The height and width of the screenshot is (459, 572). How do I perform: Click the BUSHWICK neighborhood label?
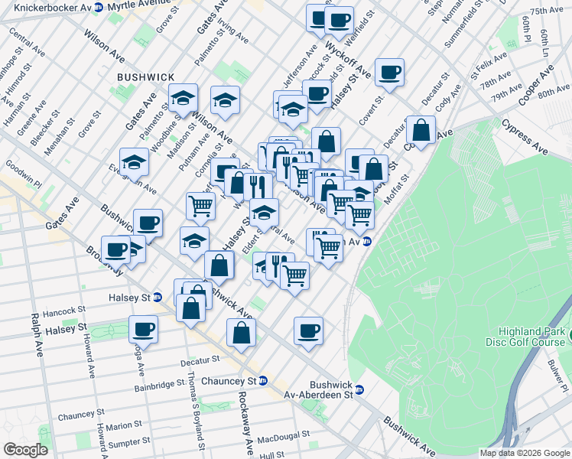tap(146, 77)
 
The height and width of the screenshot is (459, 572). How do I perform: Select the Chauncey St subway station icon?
tap(262, 381)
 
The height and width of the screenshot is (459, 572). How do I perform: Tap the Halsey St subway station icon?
tap(158, 298)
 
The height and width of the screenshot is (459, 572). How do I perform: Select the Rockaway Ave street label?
tap(246, 422)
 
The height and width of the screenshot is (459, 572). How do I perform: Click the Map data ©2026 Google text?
tap(525, 453)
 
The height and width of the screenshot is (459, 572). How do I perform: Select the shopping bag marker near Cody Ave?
tap(421, 129)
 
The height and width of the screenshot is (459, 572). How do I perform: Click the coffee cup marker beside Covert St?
tap(389, 73)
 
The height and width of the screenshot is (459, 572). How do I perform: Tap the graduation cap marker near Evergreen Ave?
tap(134, 162)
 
